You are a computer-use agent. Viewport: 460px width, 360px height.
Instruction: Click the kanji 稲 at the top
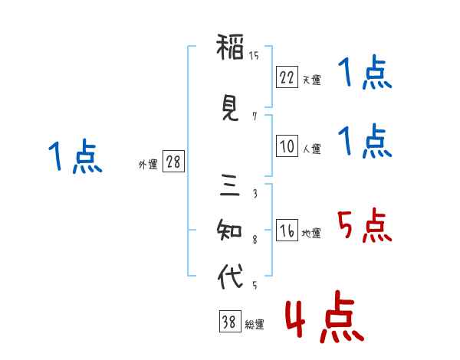point(230,47)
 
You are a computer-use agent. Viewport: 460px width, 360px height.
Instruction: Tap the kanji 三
point(230,185)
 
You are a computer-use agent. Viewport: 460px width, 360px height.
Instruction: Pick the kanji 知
point(229,230)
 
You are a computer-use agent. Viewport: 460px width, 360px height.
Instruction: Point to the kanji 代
point(230,276)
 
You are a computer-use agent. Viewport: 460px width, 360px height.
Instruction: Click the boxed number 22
point(287,77)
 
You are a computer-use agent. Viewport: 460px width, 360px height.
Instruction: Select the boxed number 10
point(287,146)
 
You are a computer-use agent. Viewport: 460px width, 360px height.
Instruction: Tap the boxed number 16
point(287,230)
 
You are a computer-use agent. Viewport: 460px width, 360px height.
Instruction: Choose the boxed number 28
point(173,162)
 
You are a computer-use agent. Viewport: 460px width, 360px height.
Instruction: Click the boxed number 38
point(230,321)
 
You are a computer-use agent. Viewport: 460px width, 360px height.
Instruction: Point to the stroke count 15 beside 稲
point(254,55)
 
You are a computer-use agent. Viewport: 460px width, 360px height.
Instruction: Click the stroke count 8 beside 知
point(255,240)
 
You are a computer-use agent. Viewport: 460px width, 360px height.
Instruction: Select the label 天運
point(311,80)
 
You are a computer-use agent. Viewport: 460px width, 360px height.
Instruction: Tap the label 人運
point(311,149)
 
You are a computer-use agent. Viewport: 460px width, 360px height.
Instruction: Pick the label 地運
point(311,233)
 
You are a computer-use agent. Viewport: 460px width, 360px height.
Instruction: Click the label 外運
point(148,165)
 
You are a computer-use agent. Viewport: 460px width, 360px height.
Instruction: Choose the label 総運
point(255,324)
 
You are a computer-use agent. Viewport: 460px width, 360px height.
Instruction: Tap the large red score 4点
point(325,317)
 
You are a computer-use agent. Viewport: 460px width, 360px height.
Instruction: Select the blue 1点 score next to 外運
point(75,156)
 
